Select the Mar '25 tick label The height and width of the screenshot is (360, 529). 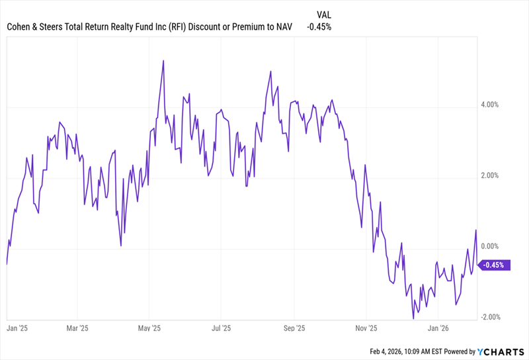[x=78, y=328]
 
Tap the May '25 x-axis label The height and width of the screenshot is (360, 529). [x=150, y=328]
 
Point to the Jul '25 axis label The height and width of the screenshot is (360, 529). [x=220, y=328]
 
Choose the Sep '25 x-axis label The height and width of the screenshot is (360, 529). [x=293, y=328]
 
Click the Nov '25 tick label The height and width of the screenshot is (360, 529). [x=366, y=328]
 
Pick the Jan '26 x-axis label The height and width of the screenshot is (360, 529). [x=439, y=328]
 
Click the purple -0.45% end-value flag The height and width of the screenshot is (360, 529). [x=493, y=265]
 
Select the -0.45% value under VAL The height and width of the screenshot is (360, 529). [x=319, y=27]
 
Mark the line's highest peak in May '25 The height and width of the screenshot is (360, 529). [x=163, y=61]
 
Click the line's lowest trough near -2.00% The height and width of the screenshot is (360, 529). [x=413, y=318]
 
